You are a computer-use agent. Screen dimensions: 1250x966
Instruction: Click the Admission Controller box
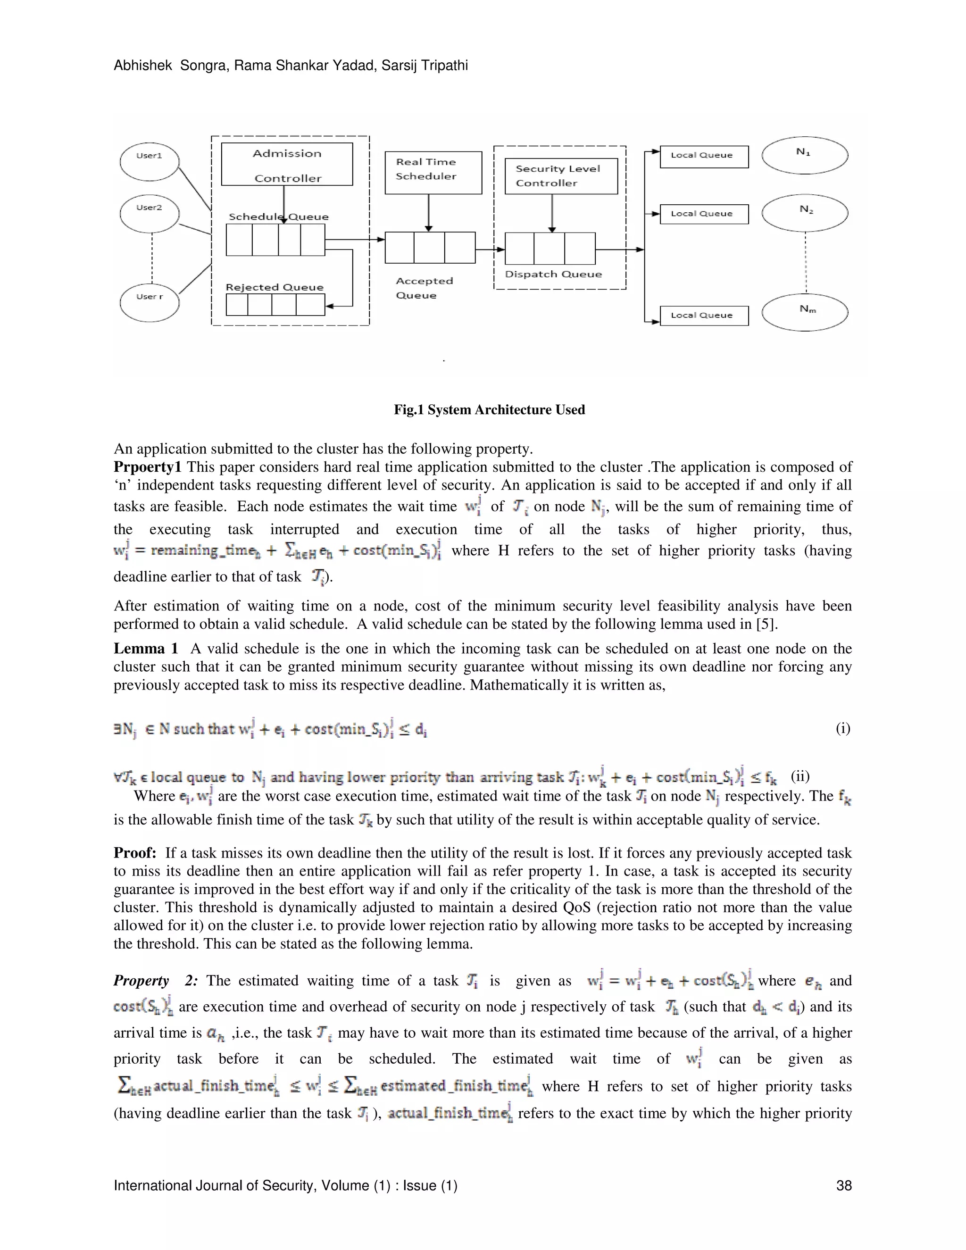(287, 165)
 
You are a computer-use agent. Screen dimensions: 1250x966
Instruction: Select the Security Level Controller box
(561, 176)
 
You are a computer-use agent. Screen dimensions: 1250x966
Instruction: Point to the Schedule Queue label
(279, 217)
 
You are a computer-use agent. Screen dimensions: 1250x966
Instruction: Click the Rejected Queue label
(274, 287)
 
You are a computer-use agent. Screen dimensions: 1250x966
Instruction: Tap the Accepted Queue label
(424, 288)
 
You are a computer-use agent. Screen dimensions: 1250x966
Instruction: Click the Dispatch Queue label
(553, 274)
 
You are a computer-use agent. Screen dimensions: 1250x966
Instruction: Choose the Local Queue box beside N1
(704, 156)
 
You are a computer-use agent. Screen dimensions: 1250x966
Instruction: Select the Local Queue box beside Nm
(704, 316)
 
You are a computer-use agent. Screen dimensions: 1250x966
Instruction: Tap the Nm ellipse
(805, 312)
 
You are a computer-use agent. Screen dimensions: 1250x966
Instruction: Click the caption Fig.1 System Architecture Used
(489, 410)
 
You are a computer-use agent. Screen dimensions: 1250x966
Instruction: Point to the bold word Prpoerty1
(147, 467)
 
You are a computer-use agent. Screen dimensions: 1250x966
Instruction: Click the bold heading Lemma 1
(145, 649)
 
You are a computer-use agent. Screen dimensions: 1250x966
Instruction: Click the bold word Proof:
(135, 853)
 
